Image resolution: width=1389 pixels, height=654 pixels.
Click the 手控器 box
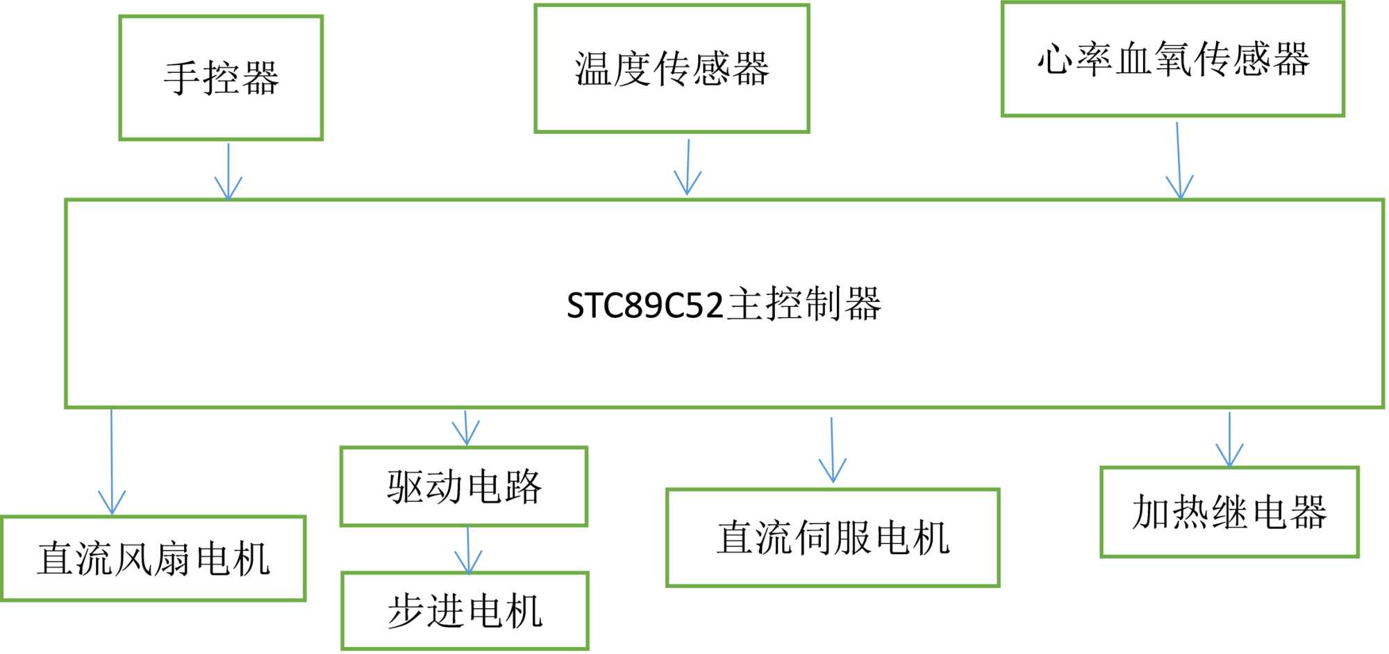pyautogui.click(x=221, y=78)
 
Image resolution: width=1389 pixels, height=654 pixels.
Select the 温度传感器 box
pyautogui.click(x=672, y=69)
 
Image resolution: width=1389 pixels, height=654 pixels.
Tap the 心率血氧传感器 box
pyautogui.click(x=1172, y=59)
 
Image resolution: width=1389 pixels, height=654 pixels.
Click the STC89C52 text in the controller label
pyautogui.click(x=644, y=305)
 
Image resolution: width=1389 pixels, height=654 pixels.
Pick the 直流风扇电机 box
pyautogui.click(x=153, y=558)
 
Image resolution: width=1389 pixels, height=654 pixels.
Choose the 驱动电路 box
pyautogui.click(x=464, y=486)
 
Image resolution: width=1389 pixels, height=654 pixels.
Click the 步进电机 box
pyautogui.click(x=465, y=611)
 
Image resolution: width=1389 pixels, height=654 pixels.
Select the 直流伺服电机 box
pyautogui.click(x=833, y=537)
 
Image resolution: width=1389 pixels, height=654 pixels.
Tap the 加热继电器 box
pyautogui.click(x=1229, y=512)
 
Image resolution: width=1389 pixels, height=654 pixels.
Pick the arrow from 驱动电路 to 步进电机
pyautogui.click(x=468, y=550)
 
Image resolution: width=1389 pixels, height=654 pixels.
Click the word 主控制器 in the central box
pyautogui.click(x=804, y=304)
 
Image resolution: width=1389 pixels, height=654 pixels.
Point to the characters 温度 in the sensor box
pyautogui.click(x=614, y=69)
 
